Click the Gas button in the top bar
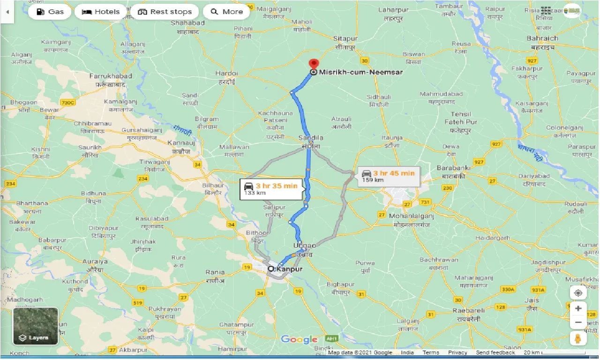pos(49,12)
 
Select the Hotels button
pos(101,12)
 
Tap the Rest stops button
pos(165,12)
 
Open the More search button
pos(226,12)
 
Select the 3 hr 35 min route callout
pos(271,189)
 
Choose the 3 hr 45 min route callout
pos(389,176)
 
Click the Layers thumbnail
pos(36,326)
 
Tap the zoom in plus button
pos(578,308)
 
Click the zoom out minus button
pos(578,322)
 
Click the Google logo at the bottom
pos(300,340)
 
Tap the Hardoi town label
pos(227,73)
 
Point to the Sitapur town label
pos(345,38)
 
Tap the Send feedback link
pos(495,352)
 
